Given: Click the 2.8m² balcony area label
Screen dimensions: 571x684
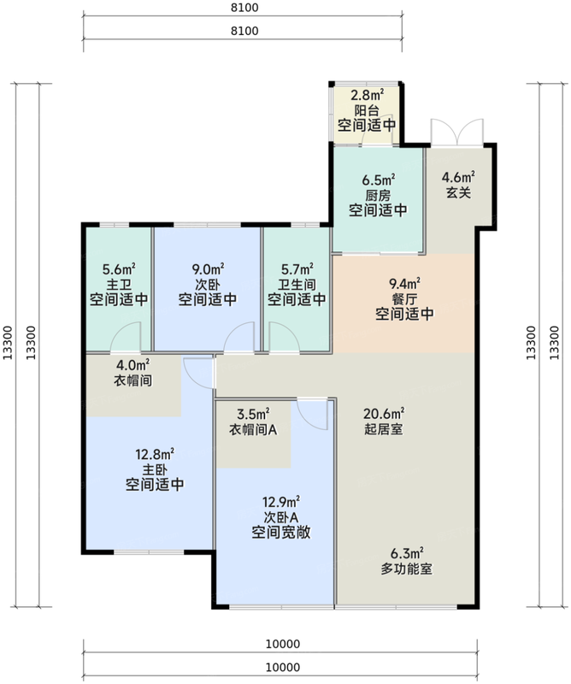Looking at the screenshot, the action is click(367, 94).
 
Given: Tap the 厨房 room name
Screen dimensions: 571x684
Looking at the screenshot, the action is click(378, 195).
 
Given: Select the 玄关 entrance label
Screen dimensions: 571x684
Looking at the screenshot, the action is click(458, 192).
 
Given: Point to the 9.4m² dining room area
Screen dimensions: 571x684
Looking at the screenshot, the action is click(404, 284).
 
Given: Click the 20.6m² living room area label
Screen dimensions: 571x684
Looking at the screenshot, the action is click(384, 413).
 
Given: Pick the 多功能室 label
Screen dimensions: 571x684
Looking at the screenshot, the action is click(407, 569).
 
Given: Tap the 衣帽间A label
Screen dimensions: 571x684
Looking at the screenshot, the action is click(253, 430).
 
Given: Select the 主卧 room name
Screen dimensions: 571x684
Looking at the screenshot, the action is click(155, 469).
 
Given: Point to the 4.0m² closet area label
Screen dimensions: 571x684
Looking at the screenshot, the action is click(133, 365).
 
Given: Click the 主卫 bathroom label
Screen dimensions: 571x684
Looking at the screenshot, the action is click(119, 285).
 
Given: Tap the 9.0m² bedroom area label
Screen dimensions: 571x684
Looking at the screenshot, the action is click(208, 268).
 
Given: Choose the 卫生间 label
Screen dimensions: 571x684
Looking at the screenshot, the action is click(297, 285).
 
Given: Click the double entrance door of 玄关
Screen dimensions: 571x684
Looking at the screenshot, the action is click(456, 133).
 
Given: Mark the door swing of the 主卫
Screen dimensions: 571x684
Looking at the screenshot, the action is click(126, 337).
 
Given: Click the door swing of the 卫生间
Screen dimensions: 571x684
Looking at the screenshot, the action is click(285, 337).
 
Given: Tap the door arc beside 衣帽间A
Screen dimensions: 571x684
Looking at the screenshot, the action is click(312, 415).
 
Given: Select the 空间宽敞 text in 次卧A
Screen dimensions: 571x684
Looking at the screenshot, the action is click(281, 533).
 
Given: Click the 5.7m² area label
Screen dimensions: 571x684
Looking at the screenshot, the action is click(297, 268).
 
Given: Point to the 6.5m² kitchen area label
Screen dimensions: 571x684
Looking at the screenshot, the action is click(378, 180).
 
